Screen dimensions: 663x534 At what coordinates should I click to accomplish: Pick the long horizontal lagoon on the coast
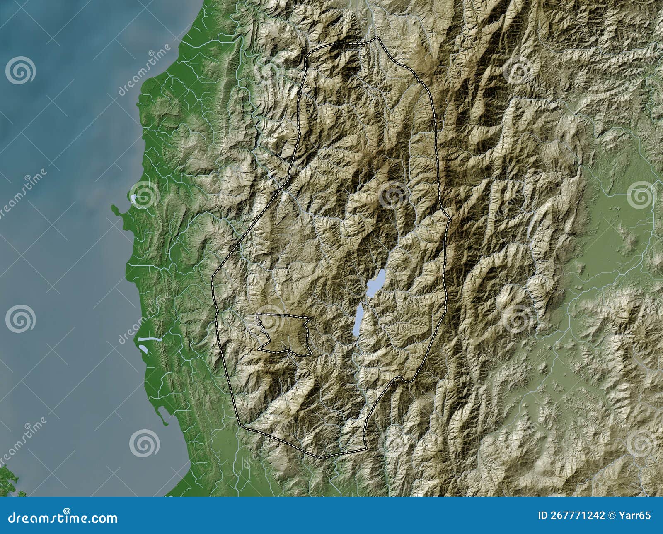coord(150,340)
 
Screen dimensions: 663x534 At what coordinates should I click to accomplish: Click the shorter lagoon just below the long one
coord(145,348)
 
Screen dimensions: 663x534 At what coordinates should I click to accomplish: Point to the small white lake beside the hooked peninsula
coord(135,199)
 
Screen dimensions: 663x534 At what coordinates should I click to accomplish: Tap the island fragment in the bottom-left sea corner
coord(8,480)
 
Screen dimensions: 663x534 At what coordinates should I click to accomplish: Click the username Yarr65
coord(637,515)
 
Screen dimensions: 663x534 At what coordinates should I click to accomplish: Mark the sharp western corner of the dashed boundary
coord(212,277)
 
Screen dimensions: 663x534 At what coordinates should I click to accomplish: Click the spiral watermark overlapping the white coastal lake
coord(143,195)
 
